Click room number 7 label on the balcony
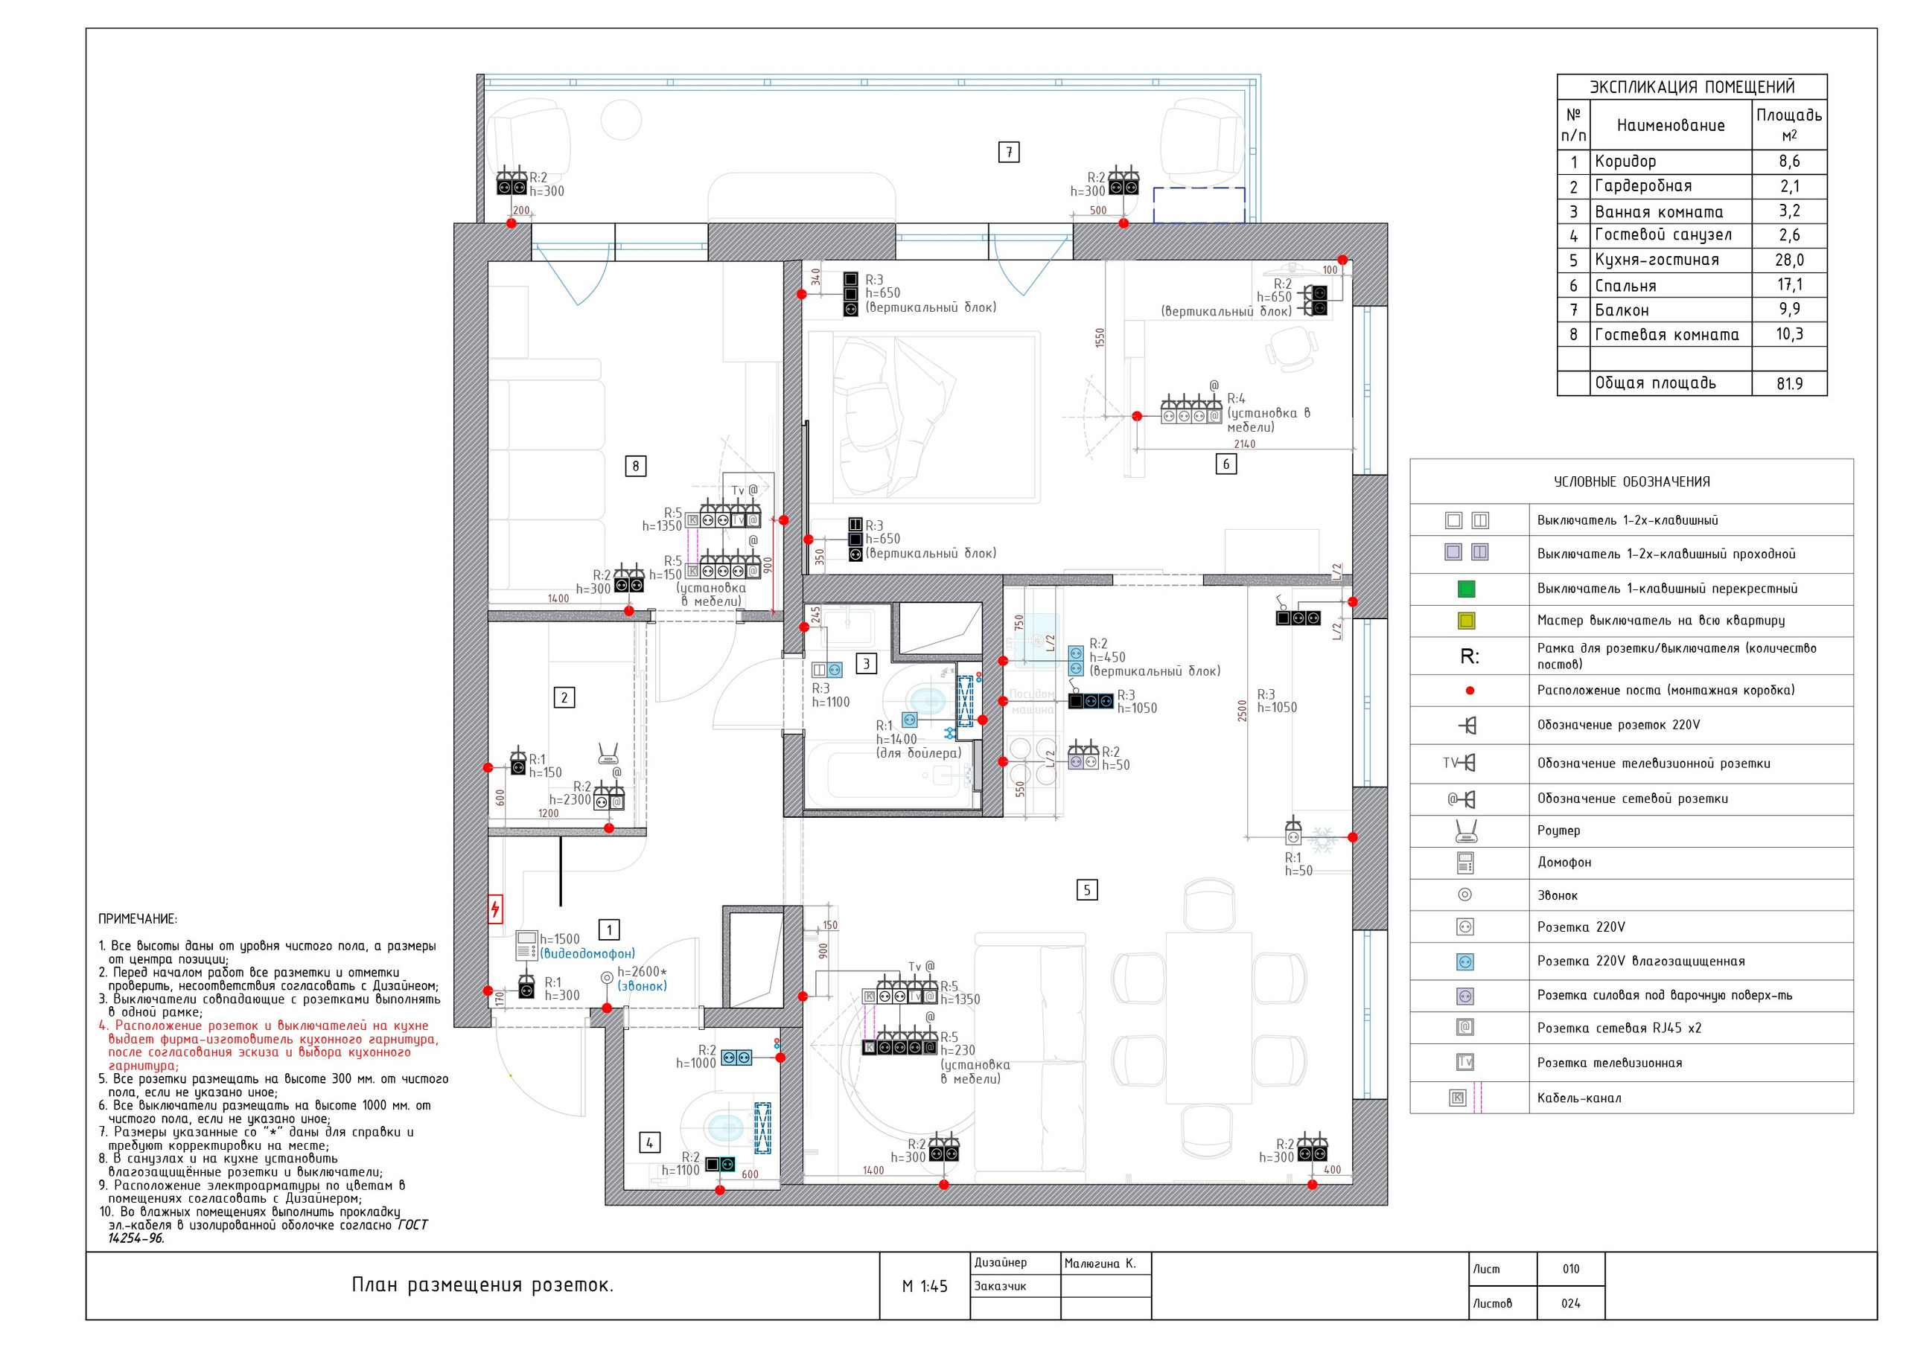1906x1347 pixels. [x=1009, y=152]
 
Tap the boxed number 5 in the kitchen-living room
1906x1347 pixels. [x=1087, y=891]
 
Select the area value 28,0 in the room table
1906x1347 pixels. [x=1789, y=260]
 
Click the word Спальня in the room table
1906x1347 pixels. [x=1625, y=286]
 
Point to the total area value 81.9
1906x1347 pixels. [x=1789, y=383]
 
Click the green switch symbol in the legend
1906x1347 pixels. [x=1466, y=589]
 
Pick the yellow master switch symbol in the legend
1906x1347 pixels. [x=1466, y=621]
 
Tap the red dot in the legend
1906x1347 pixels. [x=1470, y=691]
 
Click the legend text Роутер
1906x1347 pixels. [x=1559, y=831]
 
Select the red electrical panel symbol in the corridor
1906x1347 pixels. [x=495, y=909]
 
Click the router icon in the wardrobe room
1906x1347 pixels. [x=608, y=754]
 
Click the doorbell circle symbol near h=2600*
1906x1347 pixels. [x=607, y=978]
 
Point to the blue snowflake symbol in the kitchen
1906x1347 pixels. [x=1321, y=836]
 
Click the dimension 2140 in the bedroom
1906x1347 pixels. [x=1244, y=444]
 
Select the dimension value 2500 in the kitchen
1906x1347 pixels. [x=1242, y=711]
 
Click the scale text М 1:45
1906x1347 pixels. [x=925, y=1287]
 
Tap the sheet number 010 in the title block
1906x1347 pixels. [x=1571, y=1269]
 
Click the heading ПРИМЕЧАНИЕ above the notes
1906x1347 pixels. [x=138, y=919]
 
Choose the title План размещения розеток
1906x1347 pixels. [x=482, y=1285]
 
